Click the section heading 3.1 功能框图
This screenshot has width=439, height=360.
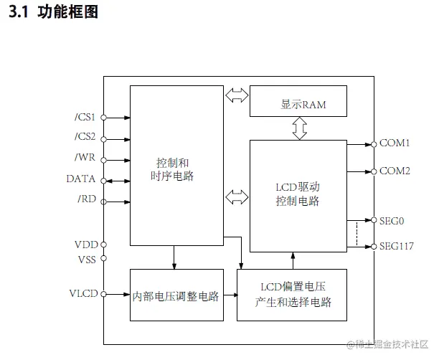(x=53, y=12)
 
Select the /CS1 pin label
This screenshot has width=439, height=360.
(x=85, y=117)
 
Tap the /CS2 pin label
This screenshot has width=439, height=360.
(x=85, y=138)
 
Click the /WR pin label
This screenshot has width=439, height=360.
(x=86, y=158)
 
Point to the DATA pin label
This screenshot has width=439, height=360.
(x=81, y=179)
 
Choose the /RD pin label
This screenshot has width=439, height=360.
(x=87, y=199)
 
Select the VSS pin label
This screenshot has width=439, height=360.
(x=86, y=258)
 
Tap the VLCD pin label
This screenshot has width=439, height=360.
(x=83, y=294)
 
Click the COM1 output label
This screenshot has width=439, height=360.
(x=394, y=143)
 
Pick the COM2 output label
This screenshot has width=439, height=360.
(x=394, y=171)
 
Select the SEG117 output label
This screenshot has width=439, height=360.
(x=396, y=247)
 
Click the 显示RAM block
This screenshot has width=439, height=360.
(x=298, y=104)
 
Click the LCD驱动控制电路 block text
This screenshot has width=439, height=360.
(x=298, y=194)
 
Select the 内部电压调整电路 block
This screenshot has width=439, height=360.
(x=175, y=295)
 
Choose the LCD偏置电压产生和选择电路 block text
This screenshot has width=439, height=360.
(x=293, y=295)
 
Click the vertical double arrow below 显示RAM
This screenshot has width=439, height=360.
(x=299, y=128)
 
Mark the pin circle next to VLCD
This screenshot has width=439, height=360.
(x=103, y=294)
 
